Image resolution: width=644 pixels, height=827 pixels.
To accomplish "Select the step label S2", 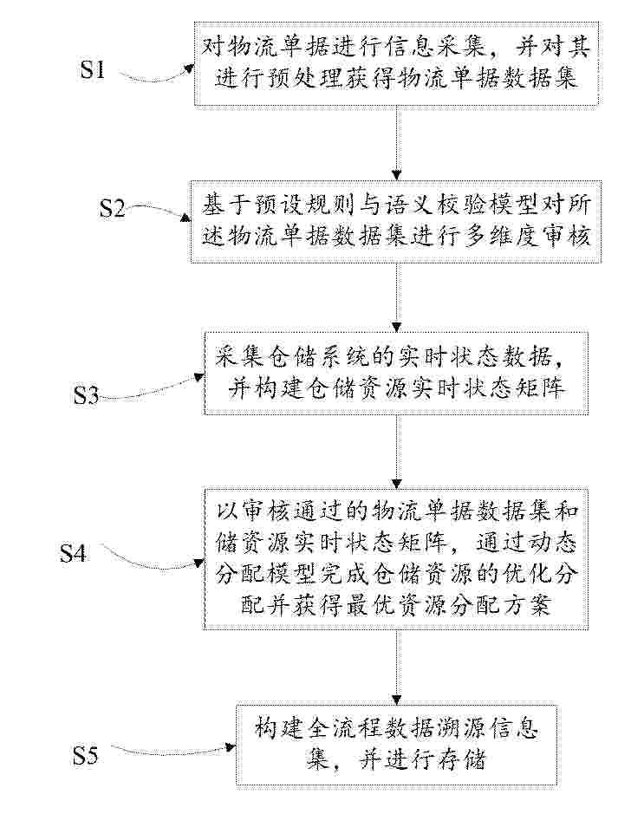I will click(113, 208).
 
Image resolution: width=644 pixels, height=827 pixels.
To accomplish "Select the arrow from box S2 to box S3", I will click(396, 296).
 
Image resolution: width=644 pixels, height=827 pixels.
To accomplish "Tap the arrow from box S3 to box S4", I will click(396, 451).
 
